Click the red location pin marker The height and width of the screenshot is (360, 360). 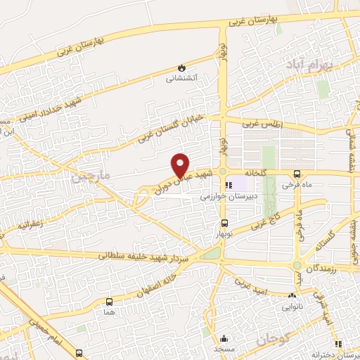point(181,165)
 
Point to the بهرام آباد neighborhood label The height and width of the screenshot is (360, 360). point(304,64)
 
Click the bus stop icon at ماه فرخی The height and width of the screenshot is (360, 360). point(296,174)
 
